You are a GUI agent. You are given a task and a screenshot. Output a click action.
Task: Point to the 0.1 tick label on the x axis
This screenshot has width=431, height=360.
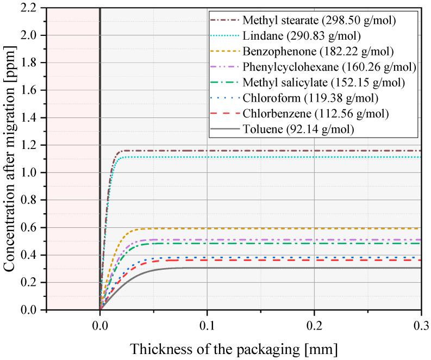[x=207, y=325]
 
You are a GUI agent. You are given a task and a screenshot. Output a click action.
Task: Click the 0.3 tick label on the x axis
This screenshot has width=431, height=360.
[x=420, y=325]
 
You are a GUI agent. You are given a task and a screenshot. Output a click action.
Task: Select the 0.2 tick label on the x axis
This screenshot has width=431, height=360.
[x=314, y=325]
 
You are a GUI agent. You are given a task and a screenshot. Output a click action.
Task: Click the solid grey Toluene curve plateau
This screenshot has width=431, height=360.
[x=272, y=268]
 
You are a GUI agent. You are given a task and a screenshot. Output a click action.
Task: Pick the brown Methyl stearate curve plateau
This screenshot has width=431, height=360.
[x=272, y=150]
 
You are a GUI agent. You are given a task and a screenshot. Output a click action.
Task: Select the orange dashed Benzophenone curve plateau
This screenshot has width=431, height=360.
[x=272, y=228]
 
